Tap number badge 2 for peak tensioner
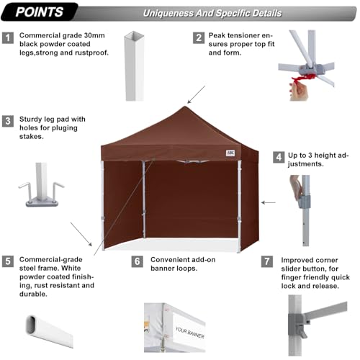coord(198,37)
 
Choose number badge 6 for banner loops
coord(138,261)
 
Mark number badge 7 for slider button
coord(268,261)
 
